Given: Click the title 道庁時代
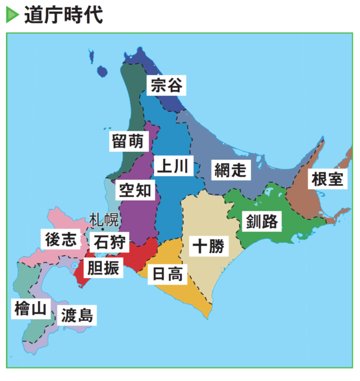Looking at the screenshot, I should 63,15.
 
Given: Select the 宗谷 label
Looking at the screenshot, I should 165,85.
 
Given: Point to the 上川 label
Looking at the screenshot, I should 173,166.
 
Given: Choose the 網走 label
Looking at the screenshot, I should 229,170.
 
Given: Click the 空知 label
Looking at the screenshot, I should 135,190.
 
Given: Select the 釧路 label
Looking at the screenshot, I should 262,222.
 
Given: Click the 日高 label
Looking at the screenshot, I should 167,274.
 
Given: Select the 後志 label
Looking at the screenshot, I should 60,239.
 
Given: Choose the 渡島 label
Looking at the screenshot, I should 77,315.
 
